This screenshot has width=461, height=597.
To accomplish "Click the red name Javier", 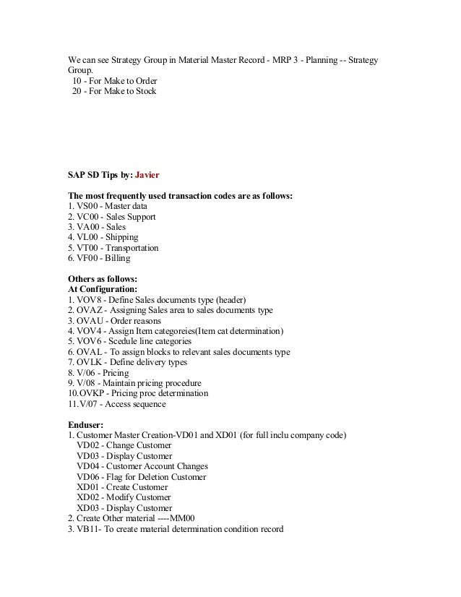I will [x=147, y=175].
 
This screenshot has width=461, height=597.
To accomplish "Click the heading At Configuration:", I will [x=103, y=289].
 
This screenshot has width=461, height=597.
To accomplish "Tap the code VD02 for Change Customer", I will [x=88, y=446].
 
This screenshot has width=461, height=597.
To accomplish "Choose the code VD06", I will [x=88, y=477].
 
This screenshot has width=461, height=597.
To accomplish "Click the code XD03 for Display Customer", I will [x=88, y=508].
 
